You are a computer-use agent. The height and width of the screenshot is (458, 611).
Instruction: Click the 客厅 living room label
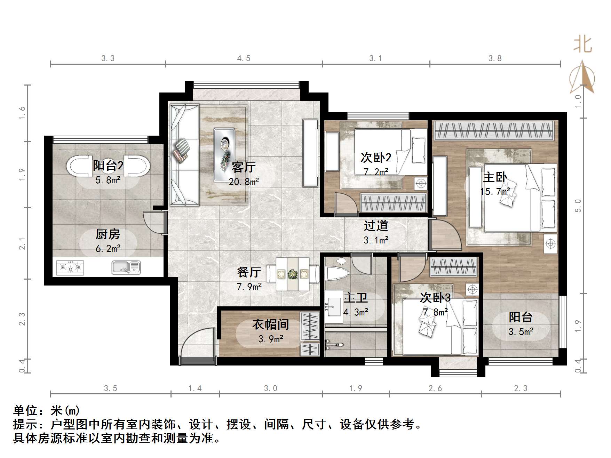[x=244, y=167]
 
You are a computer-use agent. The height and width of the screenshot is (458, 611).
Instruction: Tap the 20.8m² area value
[x=244, y=182]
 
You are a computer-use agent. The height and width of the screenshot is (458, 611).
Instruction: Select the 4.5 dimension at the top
[x=244, y=58]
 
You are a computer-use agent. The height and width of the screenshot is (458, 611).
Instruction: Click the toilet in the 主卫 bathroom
[x=336, y=273]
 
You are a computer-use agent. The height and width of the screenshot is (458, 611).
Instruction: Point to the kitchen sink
[x=126, y=267]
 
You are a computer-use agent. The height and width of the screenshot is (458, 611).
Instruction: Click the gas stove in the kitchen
[x=70, y=267]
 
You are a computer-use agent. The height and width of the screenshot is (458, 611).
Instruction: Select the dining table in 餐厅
[x=292, y=274]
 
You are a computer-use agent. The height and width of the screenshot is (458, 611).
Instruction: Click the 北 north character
[x=582, y=45]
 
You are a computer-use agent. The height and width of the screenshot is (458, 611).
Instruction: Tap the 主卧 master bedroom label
[x=494, y=177]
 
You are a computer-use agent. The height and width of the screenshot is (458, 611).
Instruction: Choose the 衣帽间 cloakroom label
[x=270, y=324]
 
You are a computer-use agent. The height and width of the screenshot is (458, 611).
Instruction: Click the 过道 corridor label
[x=375, y=226]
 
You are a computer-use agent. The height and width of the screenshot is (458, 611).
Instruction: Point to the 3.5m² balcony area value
[x=521, y=331]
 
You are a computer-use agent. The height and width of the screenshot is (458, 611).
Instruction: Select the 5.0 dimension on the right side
[x=578, y=206]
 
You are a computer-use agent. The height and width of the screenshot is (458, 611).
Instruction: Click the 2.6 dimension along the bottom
[x=435, y=388]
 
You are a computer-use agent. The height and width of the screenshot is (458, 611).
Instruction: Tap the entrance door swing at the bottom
[x=197, y=344]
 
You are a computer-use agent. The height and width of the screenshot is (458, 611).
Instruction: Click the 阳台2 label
[x=108, y=165]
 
